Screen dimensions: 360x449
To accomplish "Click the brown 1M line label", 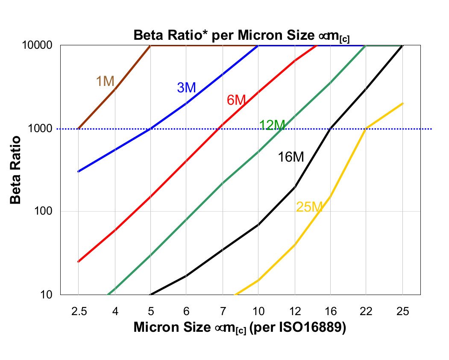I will (x=105, y=81).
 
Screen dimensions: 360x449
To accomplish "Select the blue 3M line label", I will (x=186, y=88).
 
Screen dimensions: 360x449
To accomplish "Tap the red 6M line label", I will (x=236, y=100).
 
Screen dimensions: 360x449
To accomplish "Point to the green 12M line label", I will (x=272, y=125).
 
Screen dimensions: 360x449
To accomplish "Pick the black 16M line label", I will (x=291, y=157).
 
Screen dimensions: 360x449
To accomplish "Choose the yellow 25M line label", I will (x=308, y=207).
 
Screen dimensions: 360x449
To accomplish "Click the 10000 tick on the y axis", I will (x=37, y=45).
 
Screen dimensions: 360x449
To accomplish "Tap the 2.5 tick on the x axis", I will (x=79, y=312).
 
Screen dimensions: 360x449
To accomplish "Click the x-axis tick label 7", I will (x=223, y=312).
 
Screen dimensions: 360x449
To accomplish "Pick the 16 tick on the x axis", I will (x=330, y=312).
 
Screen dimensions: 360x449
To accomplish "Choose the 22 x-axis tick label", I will (x=366, y=312).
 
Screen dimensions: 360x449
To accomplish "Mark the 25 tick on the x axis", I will (x=402, y=312).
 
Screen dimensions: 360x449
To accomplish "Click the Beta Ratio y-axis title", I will (x=16, y=170).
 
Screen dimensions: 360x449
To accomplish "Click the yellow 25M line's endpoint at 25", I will (x=402, y=103).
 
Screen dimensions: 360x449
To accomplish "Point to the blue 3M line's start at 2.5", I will (x=79, y=171).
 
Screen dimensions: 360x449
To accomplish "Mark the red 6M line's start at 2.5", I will (x=79, y=262).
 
